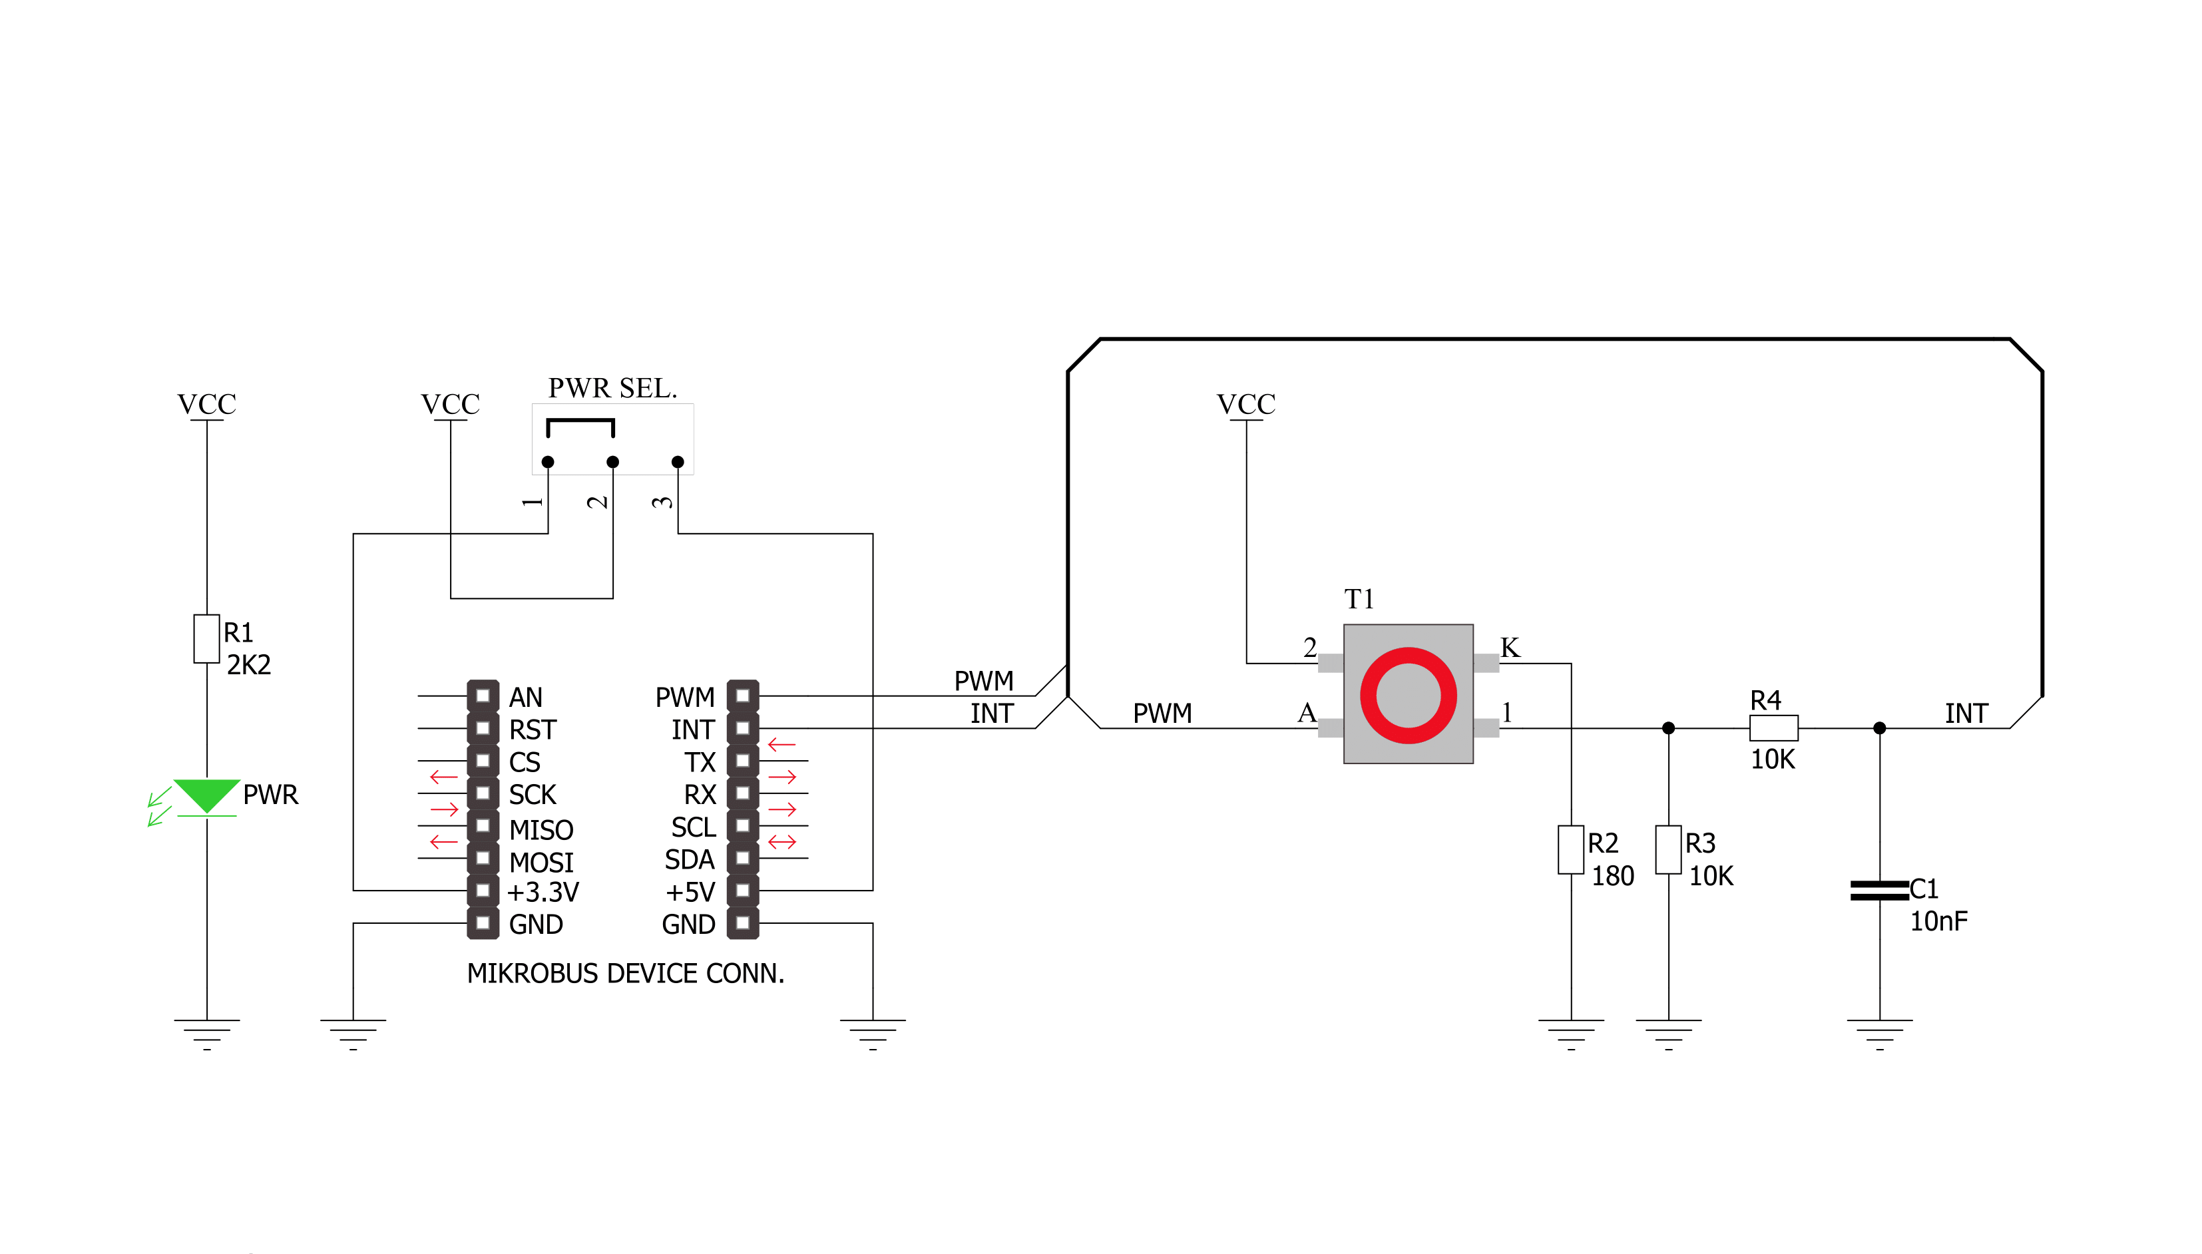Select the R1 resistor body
(206, 639)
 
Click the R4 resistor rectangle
(1773, 728)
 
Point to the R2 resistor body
(1571, 850)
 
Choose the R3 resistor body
(1668, 850)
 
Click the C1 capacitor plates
(1879, 891)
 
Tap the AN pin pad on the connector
(483, 696)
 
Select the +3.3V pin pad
(483, 891)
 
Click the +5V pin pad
(743, 891)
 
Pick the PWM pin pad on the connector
(743, 696)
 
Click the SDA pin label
(690, 859)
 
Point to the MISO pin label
(541, 830)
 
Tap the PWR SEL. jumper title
(612, 389)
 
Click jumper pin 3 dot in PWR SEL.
(678, 462)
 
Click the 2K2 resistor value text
(249, 665)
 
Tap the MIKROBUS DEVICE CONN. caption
(625, 973)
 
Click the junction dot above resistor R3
(1668, 728)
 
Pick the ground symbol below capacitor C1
(1879, 1034)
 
